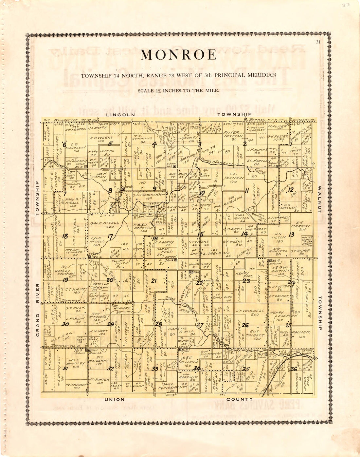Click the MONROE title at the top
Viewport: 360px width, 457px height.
point(179,55)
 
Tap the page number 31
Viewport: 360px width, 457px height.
point(318,42)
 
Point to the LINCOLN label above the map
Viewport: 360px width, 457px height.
point(120,115)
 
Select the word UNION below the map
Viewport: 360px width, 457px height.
point(115,399)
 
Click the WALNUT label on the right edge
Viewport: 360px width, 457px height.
point(319,200)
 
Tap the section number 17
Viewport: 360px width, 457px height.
point(110,236)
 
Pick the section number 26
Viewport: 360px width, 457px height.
point(245,325)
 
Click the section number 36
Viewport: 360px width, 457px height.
point(294,369)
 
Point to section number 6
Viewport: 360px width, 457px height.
point(64,144)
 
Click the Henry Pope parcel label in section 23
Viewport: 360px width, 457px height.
point(243,275)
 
